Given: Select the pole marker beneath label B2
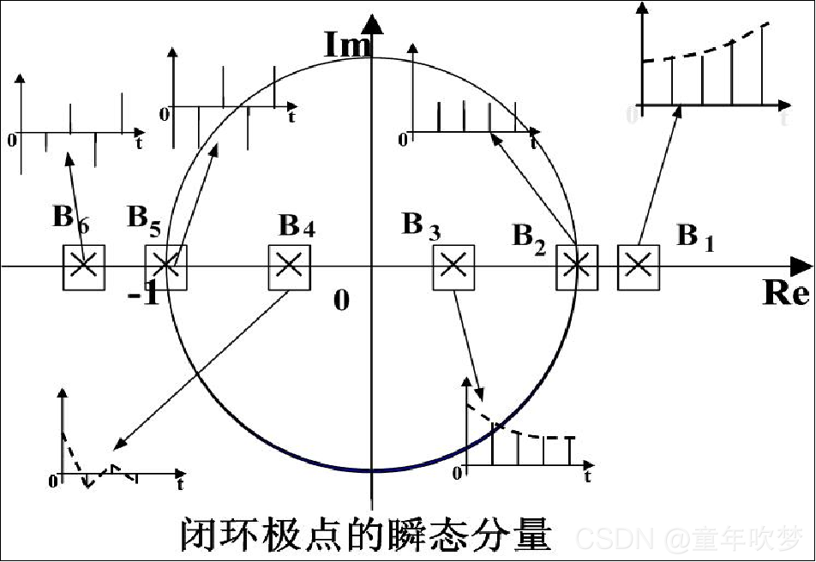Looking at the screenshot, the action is [577, 265].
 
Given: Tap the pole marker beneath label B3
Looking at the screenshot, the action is [453, 265].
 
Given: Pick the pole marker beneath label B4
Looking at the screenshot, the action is [289, 265].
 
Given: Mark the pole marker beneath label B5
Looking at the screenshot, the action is [165, 265].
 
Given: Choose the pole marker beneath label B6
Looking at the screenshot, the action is [83, 265].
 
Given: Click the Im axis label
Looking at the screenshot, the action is [346, 45].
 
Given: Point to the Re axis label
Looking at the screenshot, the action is [785, 294].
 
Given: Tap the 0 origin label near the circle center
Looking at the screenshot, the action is [342, 301].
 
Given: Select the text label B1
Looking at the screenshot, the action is [694, 236].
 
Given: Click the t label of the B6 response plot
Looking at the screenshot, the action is [139, 143].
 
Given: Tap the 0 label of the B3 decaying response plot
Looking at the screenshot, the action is [463, 472].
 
